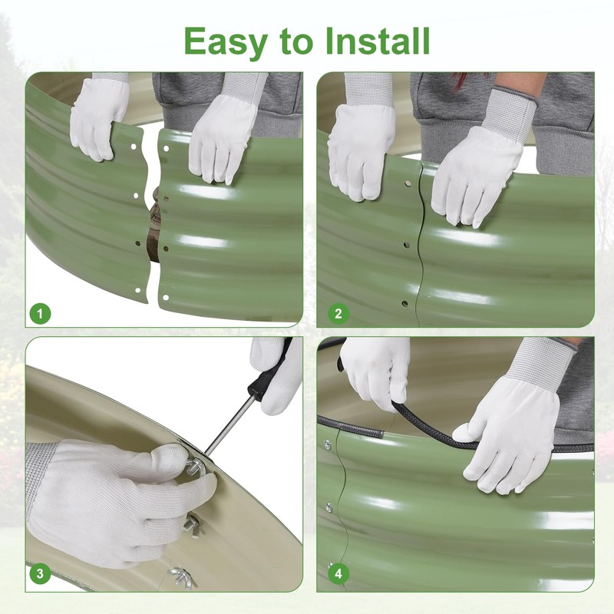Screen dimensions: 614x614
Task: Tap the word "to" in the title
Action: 296,42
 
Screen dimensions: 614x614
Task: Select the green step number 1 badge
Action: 40,313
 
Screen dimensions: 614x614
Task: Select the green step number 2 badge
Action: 338,313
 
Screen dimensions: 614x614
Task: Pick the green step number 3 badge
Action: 40,573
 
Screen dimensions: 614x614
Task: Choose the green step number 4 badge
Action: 338,573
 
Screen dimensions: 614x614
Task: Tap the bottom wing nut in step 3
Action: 181,576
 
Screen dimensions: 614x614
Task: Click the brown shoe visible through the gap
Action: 154,227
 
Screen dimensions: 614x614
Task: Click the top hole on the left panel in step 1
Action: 134,147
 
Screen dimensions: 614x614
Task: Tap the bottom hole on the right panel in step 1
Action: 166,298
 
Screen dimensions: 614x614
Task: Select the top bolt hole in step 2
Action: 408,183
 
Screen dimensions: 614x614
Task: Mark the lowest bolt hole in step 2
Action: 405,303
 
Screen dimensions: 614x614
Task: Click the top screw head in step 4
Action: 328,444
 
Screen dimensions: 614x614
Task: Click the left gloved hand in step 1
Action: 100,117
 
